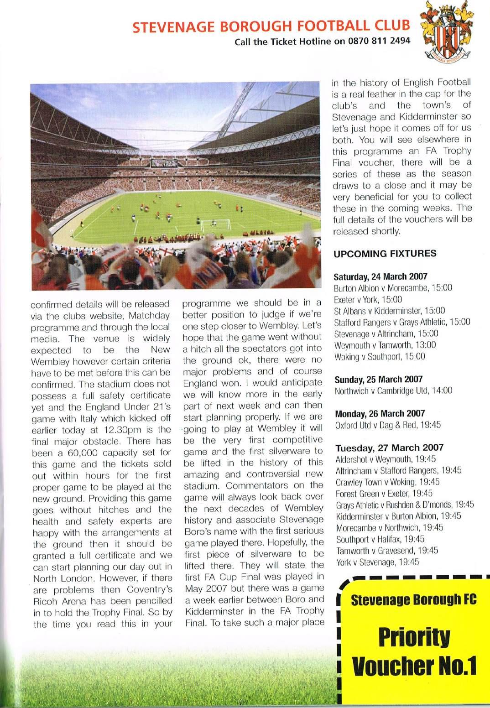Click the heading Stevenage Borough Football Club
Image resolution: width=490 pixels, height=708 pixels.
(271, 27)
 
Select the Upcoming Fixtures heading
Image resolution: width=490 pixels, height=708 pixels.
(385, 254)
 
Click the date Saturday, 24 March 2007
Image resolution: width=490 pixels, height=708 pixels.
(381, 276)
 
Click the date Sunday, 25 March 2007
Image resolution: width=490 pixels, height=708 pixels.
(379, 379)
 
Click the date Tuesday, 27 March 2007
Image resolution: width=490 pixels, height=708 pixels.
(383, 448)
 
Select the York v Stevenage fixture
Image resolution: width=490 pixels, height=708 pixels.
(377, 562)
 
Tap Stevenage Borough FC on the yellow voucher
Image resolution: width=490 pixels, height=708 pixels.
(413, 599)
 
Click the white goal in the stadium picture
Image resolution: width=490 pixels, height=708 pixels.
(209, 224)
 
